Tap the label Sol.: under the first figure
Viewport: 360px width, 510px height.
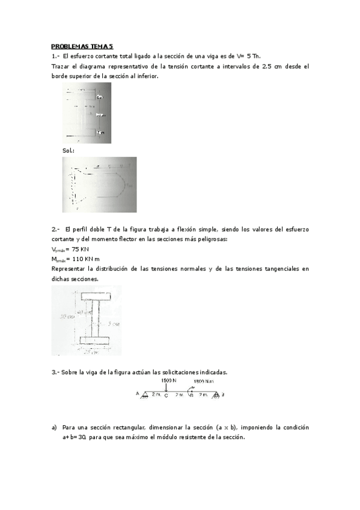[x=68, y=150]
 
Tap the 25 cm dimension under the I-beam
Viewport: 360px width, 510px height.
[x=90, y=352]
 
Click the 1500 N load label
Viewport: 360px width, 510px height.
[x=168, y=381]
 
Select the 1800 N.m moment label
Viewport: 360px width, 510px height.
[x=204, y=381]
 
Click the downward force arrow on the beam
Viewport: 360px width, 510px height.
[x=166, y=388]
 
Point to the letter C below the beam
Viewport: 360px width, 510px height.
[x=166, y=396]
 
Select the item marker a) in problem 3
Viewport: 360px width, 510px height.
[x=54, y=428]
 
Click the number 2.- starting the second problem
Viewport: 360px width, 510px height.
[x=55, y=229]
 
